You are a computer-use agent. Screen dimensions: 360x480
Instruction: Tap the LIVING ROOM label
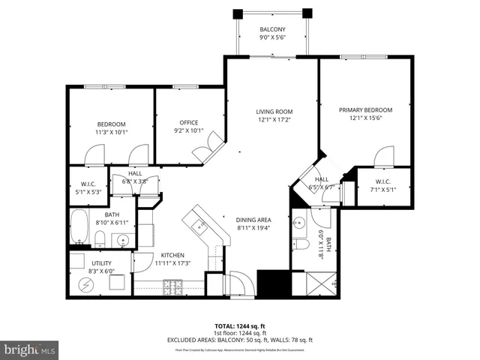pos(274,112)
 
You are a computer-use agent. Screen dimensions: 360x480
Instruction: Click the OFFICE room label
pos(188,122)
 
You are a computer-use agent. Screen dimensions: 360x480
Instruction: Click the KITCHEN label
pos(172,256)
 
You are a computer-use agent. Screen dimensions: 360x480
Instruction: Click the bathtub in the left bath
pos(79,226)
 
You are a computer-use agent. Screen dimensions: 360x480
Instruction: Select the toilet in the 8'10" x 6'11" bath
pos(99,238)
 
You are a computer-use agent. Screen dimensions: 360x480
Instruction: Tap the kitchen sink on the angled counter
pos(199,224)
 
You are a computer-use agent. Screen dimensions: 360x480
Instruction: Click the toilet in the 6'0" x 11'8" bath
pos(299,245)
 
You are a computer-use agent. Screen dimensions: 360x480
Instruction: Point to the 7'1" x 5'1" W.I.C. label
pos(382,181)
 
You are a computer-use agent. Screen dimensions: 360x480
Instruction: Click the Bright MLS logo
pos(30,349)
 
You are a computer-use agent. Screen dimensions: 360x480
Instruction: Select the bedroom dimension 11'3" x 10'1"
pos(111,132)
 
